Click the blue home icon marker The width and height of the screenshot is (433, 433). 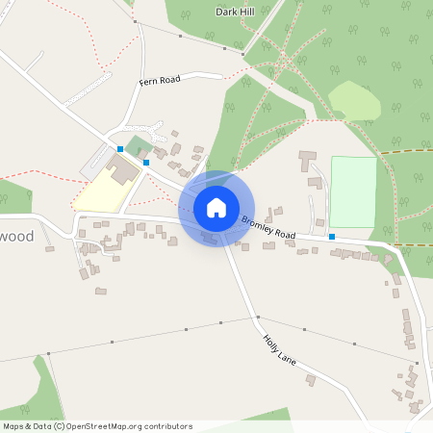point(216,207)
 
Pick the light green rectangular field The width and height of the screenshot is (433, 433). point(352,191)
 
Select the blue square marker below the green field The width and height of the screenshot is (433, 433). point(331,237)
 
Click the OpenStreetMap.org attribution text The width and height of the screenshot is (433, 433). point(125,426)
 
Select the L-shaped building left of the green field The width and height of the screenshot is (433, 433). point(311,159)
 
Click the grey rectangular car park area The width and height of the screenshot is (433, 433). point(95,164)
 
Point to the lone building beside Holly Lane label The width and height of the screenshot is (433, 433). point(310,381)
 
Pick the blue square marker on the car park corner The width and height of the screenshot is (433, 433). point(120,149)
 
